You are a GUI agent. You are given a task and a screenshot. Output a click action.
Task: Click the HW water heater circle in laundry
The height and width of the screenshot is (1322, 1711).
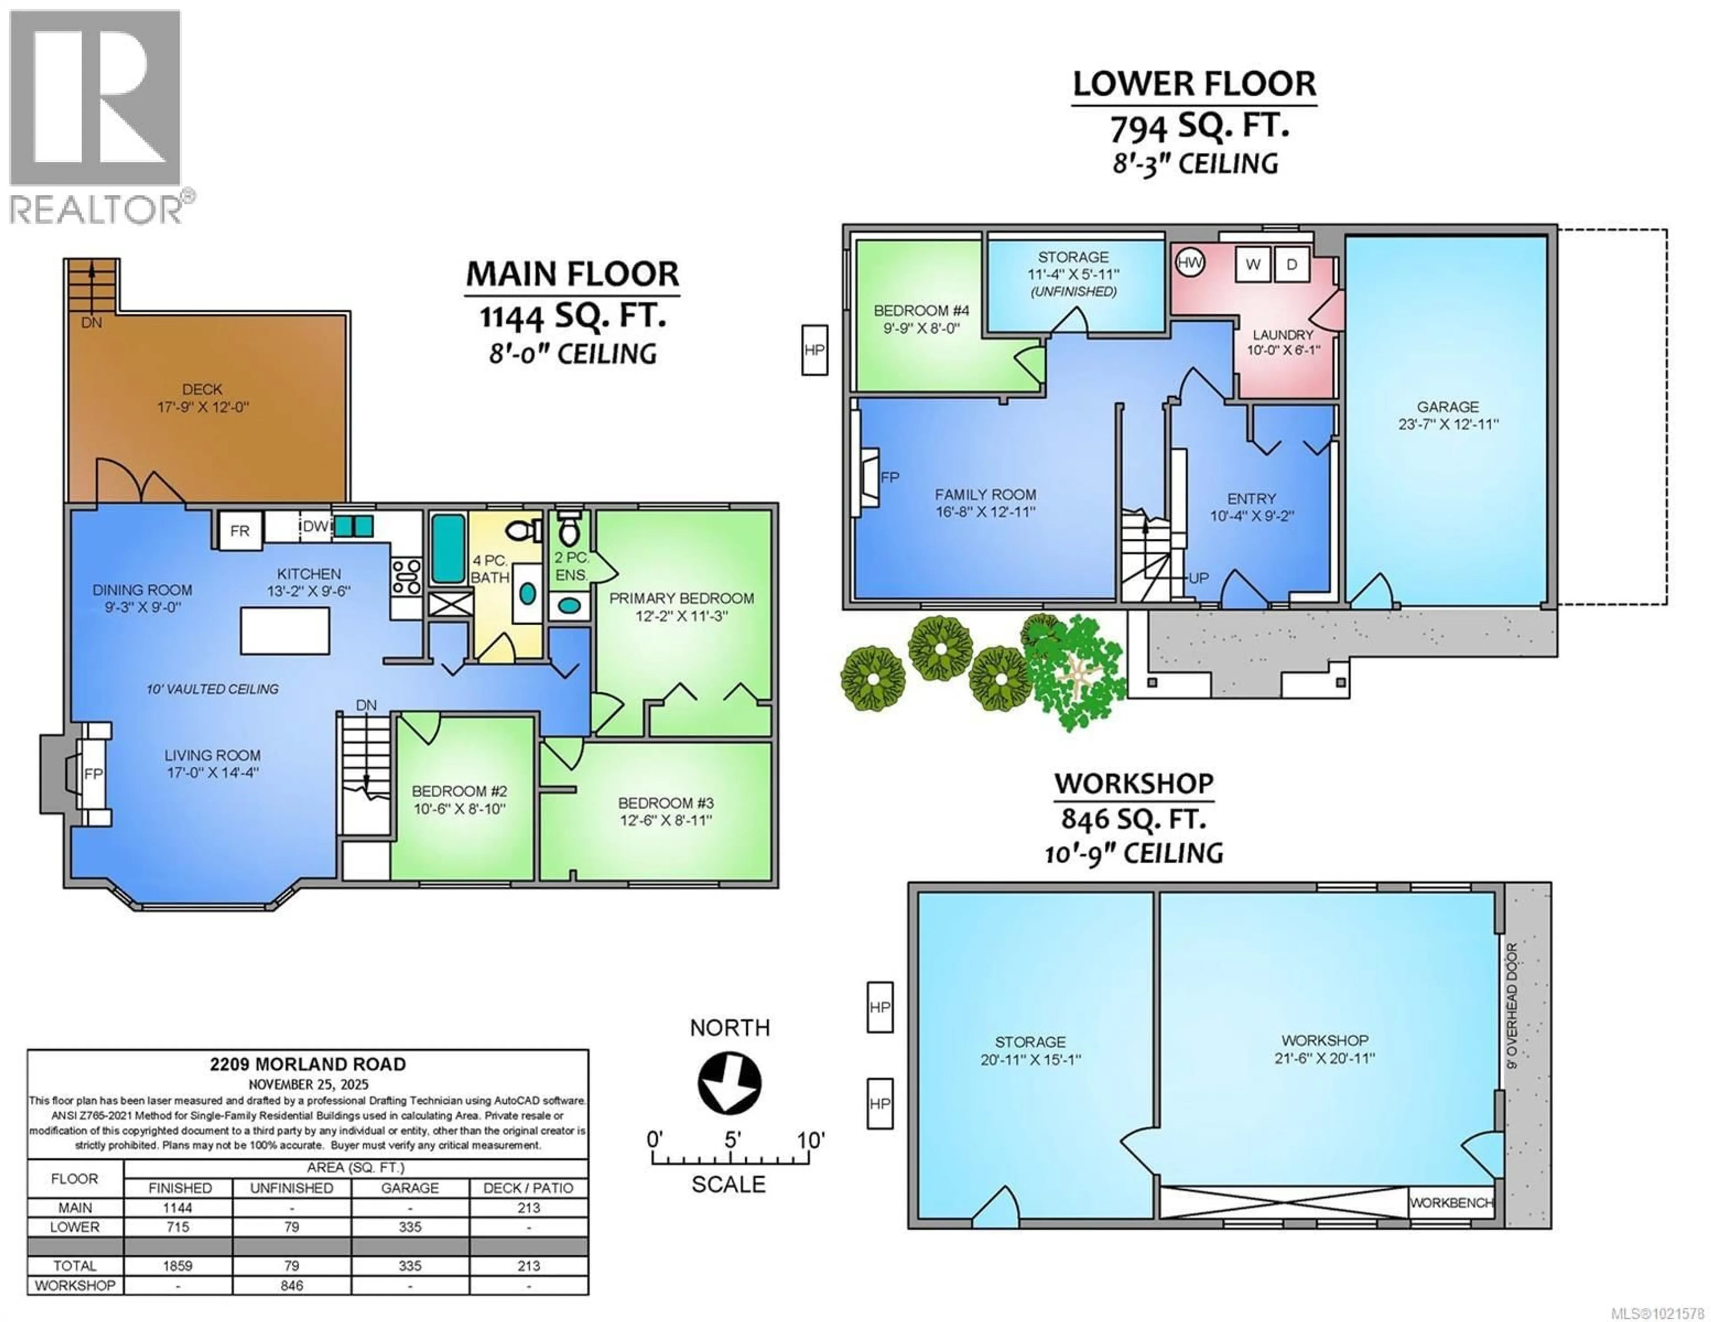point(1189,262)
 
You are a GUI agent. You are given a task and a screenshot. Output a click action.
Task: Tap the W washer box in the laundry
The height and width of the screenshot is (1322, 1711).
point(1253,264)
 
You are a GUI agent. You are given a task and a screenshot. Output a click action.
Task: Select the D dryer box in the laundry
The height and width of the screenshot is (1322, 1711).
point(1291,264)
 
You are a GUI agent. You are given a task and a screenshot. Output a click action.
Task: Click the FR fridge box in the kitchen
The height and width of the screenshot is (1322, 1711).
point(240,531)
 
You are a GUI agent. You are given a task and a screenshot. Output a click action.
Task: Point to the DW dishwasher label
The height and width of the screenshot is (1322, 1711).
point(315,526)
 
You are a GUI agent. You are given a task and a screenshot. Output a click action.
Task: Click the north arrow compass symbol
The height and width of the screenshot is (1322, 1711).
point(729,1083)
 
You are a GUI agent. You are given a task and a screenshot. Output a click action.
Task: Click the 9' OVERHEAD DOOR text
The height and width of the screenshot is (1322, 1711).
point(1512,1005)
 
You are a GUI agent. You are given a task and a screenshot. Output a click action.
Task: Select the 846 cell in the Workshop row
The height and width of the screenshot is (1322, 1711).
point(291,1285)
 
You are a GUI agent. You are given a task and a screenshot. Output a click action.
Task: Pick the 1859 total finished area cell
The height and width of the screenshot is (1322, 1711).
point(178,1265)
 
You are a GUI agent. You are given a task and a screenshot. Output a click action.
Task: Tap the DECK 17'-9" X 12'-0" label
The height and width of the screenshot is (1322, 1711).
point(202,398)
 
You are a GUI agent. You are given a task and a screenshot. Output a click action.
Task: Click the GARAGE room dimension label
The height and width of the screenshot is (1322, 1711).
point(1448,415)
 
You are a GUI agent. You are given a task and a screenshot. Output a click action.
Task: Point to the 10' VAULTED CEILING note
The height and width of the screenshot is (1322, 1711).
point(212,689)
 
